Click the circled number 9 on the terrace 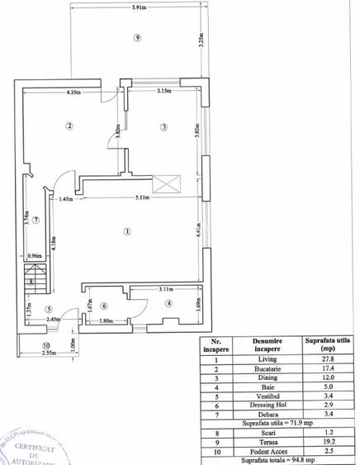(137, 37)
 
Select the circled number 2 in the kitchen (70, 126)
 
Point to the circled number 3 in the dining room (163, 126)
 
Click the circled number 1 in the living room (126, 231)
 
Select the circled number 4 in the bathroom (168, 304)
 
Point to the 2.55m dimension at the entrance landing (45, 352)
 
